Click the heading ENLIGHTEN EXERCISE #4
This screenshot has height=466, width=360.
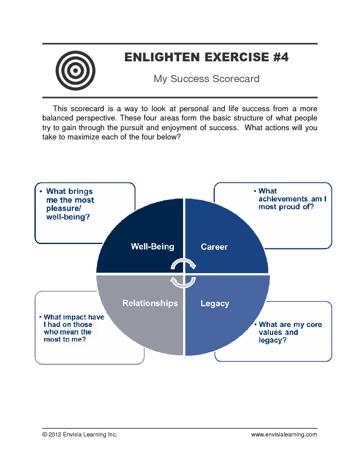point(206,57)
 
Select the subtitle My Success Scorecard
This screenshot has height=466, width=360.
point(206,79)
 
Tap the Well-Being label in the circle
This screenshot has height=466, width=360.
point(153,247)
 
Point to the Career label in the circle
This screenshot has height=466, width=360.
point(214,247)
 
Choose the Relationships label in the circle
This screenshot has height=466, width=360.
point(150,303)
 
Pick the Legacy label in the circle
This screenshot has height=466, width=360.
point(215,304)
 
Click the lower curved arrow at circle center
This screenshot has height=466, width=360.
point(183,282)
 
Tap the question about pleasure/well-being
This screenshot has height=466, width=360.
point(70,204)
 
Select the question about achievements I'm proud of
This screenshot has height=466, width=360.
point(292,199)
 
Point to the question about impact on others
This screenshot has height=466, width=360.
point(73,328)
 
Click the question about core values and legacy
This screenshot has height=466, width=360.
point(290,332)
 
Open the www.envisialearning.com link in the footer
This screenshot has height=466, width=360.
point(284,435)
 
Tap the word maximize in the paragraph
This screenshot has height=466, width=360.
point(76,137)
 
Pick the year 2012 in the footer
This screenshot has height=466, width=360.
point(55,435)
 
